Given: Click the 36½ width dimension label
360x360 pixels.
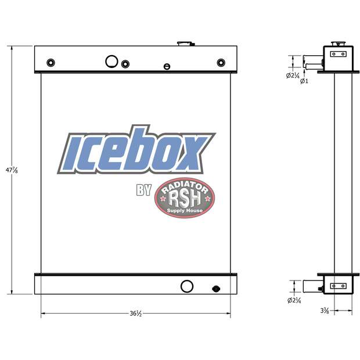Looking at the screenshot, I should click(x=135, y=314).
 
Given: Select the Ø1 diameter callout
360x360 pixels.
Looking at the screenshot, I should click(x=304, y=81).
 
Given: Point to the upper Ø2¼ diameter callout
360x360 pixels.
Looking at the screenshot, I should click(x=293, y=75).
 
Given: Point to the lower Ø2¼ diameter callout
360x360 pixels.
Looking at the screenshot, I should click(x=293, y=300).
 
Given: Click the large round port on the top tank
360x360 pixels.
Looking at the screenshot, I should click(x=111, y=61).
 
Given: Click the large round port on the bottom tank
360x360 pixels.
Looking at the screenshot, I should click(x=187, y=286).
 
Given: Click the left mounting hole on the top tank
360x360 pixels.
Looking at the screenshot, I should click(x=51, y=63).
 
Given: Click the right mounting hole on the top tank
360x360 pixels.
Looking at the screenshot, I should click(x=221, y=63).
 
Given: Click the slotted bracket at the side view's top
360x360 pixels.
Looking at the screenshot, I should click(x=338, y=54).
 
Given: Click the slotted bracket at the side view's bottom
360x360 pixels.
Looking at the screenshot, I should click(x=338, y=286).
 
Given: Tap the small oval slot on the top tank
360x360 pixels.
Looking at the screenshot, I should click(x=167, y=66).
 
